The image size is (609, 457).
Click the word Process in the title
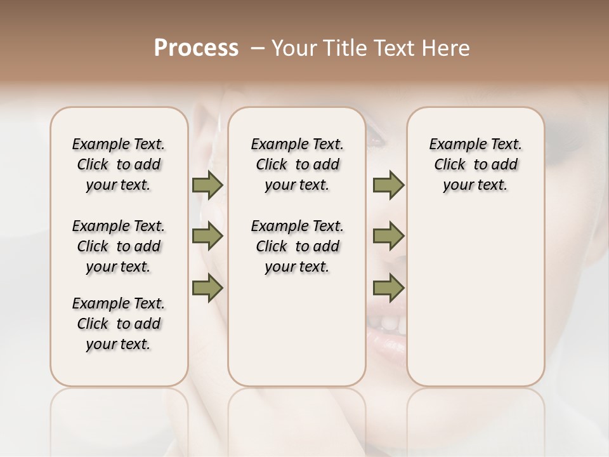[196, 48]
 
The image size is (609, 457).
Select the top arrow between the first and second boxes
[207, 185]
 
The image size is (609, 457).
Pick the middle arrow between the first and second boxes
[207, 236]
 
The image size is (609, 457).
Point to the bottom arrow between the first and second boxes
[207, 288]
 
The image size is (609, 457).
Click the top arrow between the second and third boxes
[388, 185]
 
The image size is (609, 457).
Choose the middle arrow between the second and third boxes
[388, 236]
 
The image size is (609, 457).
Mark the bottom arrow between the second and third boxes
[388, 288]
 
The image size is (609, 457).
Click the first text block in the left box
[119, 164]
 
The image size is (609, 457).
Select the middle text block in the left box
[119, 246]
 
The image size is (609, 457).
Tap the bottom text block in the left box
[119, 324]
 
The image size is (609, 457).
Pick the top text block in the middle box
[297, 164]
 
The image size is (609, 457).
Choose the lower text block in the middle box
[297, 246]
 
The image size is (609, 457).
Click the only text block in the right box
[476, 164]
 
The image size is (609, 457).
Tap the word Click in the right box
[450, 165]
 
